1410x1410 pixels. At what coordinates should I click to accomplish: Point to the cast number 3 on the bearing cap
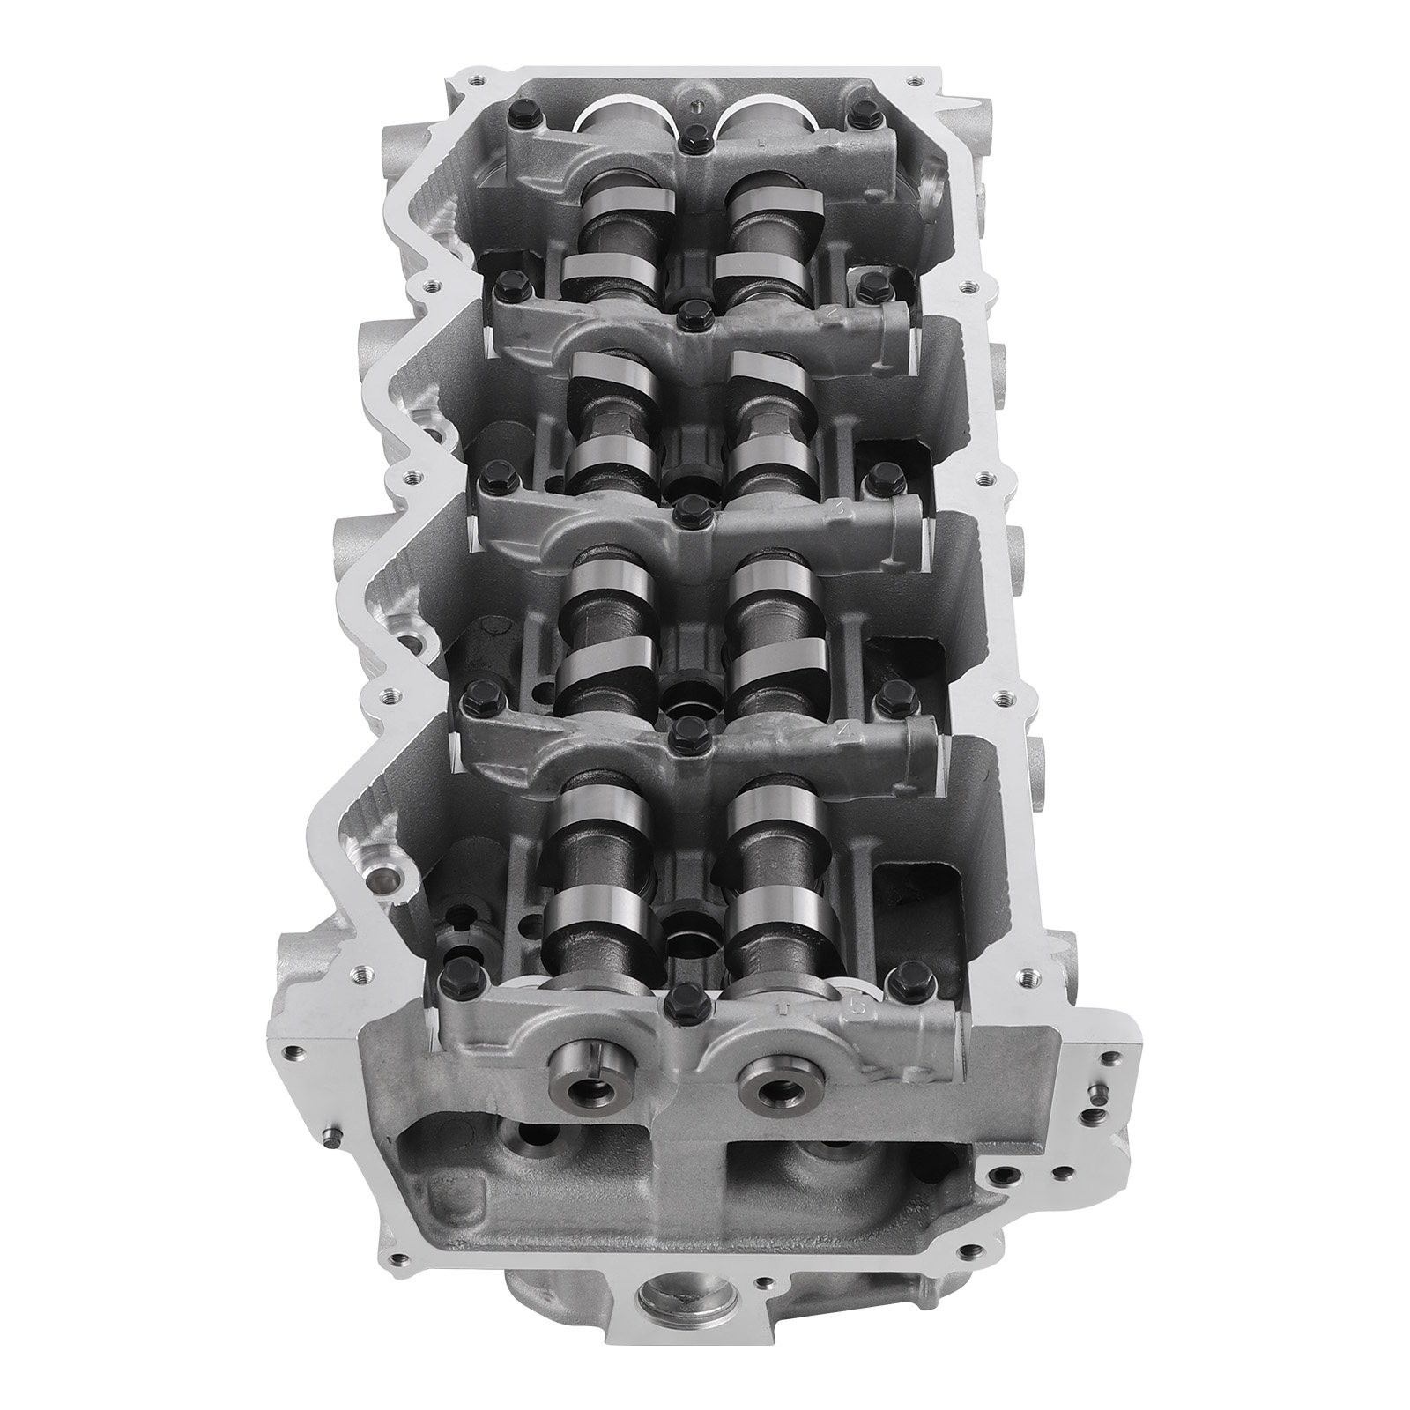[x=839, y=508]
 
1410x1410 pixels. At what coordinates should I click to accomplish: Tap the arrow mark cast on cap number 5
[x=782, y=1005]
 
